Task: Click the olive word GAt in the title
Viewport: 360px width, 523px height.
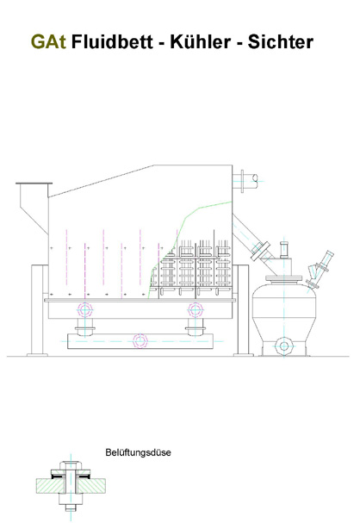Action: tap(48, 42)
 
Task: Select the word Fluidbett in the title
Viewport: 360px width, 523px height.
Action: tap(112, 42)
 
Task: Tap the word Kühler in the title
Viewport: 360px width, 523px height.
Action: tap(201, 42)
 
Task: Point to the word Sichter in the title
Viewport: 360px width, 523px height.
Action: tap(280, 42)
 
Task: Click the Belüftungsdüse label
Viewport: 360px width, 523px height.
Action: tap(138, 452)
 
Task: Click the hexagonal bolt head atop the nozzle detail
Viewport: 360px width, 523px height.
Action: tap(71, 465)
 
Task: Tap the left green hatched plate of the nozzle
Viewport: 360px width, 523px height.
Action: tap(50, 486)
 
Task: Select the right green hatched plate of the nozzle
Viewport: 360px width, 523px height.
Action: tap(91, 486)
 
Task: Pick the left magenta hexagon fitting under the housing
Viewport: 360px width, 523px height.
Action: tap(85, 310)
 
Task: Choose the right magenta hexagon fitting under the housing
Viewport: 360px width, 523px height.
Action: tap(196, 310)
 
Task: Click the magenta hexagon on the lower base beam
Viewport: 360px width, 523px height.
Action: tap(140, 341)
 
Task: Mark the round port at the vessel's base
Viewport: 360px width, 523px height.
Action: tap(283, 346)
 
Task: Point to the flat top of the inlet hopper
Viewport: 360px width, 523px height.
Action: tap(34, 184)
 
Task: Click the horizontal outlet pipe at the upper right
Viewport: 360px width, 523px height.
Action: tap(248, 181)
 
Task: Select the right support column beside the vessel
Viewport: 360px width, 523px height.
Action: tap(243, 310)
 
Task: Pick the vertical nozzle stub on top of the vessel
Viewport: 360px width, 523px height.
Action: tap(284, 250)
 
